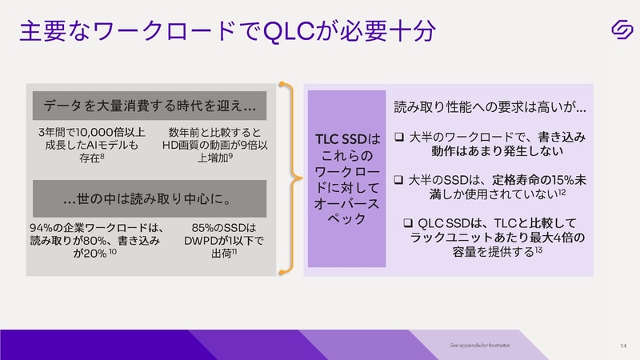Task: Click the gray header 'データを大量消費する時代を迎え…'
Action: click(150, 106)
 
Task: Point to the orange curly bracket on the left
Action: click(285, 177)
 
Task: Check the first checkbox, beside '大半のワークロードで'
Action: click(400, 138)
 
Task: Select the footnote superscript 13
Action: click(541, 250)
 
